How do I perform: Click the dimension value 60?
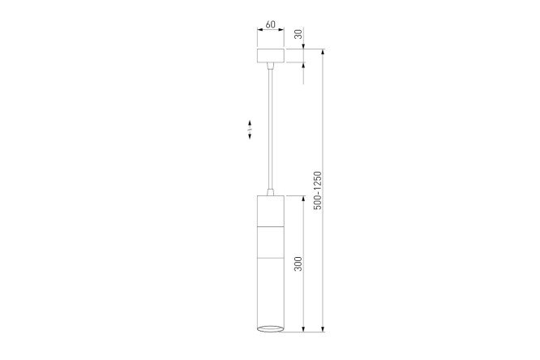271,25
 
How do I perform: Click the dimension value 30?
298,34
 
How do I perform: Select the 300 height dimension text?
298,264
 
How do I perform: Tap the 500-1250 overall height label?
318,191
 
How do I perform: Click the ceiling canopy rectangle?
271,56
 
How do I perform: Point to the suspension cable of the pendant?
271,129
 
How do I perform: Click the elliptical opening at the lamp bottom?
271,328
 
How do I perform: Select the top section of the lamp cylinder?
271,212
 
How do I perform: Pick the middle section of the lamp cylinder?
271,242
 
